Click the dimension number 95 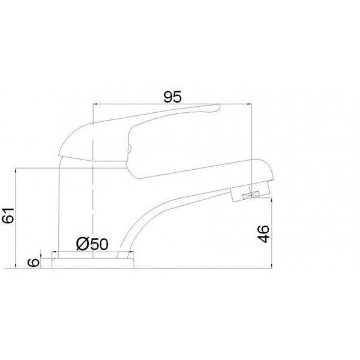click(x=173, y=97)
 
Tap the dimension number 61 click(x=8, y=215)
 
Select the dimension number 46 click(x=263, y=234)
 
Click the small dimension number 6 click(x=34, y=262)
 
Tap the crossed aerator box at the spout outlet click(x=251, y=195)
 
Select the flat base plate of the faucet click(x=93, y=263)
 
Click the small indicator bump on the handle click(x=129, y=148)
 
